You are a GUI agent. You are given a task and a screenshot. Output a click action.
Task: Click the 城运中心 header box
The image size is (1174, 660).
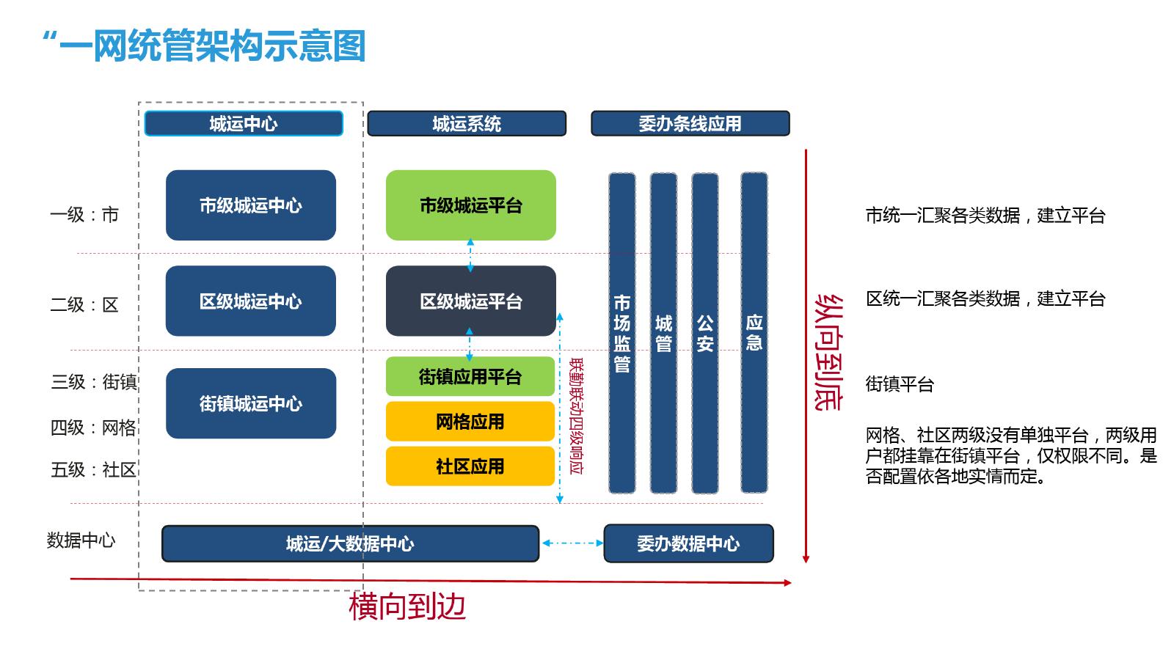tap(244, 123)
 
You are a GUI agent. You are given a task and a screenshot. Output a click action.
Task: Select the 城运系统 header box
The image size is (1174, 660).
tap(467, 123)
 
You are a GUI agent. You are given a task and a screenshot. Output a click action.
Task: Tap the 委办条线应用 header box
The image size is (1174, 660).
tap(690, 123)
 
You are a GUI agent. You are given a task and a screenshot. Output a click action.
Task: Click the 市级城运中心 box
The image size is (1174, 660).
tap(250, 205)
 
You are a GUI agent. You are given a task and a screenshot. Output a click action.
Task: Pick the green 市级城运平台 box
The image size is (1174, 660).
tap(470, 205)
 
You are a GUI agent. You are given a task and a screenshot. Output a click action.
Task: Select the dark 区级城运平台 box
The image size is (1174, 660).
tap(470, 301)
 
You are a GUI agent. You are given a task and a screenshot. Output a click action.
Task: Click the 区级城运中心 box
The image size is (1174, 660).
tap(250, 301)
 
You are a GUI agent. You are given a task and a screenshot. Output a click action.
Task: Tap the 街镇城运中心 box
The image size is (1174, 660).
tap(250, 403)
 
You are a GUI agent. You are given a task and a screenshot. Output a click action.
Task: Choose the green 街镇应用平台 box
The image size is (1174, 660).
tap(470, 376)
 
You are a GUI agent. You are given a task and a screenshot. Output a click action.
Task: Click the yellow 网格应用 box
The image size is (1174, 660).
tap(470, 422)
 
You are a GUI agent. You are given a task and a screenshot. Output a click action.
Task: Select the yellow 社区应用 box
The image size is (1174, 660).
tap(470, 466)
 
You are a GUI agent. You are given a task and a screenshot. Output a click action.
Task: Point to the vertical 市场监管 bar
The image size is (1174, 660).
tap(621, 334)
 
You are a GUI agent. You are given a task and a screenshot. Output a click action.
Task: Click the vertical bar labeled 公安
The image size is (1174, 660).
tap(704, 334)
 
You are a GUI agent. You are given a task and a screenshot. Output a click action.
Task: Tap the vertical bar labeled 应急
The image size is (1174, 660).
tap(754, 334)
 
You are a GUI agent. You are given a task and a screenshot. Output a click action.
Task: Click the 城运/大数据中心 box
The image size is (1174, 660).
tap(350, 543)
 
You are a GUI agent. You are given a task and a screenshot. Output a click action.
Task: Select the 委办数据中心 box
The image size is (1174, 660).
tap(688, 543)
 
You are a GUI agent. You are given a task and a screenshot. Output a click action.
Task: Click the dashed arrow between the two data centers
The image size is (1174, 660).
tap(572, 543)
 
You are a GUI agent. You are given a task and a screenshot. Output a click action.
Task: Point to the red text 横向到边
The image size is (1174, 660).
tap(407, 606)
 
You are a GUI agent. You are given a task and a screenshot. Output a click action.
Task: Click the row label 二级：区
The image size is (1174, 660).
tap(84, 304)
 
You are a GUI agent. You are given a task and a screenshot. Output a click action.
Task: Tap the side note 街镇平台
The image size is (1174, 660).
tap(899, 384)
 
